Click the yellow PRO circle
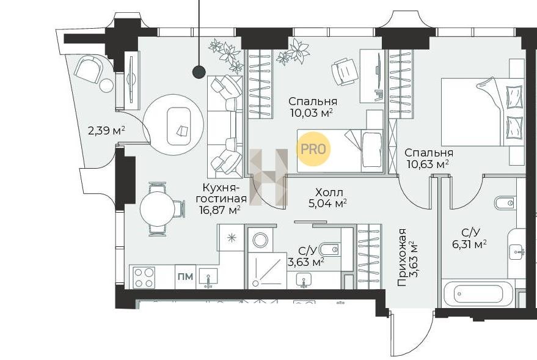313,149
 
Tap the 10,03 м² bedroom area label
312,112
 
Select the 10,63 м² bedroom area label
428,164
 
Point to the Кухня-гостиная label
224,193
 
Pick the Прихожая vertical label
402,257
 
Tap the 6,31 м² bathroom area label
470,244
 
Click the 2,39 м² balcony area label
106,130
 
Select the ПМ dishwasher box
185,276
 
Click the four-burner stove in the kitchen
144,277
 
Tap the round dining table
158,208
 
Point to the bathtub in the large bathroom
478,294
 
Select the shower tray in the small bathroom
267,271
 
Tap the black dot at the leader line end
199,72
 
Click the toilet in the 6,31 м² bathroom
505,203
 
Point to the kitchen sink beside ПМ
208,277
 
